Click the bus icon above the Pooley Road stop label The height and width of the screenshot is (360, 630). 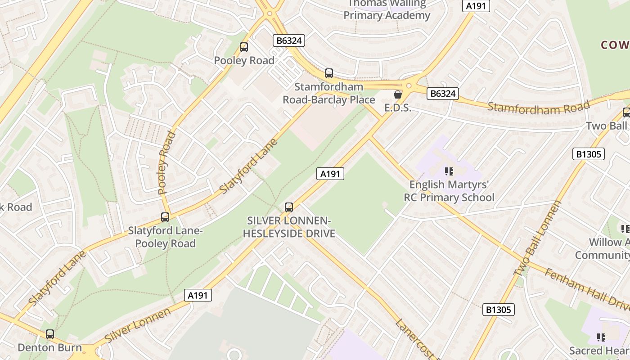click(x=244, y=47)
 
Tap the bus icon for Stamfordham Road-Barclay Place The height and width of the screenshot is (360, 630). click(x=329, y=73)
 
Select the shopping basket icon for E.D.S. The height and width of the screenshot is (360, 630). click(x=398, y=94)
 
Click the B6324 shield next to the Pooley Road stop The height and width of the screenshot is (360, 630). click(x=289, y=40)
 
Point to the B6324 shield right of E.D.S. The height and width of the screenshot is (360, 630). click(x=443, y=94)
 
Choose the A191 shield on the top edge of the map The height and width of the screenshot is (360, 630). click(x=476, y=6)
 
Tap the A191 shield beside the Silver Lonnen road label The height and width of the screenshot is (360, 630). click(x=198, y=295)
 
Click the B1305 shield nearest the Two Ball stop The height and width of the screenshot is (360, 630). click(x=588, y=154)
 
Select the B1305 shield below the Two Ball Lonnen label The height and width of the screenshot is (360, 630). click(x=499, y=310)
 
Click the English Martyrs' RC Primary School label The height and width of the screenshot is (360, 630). click(x=449, y=191)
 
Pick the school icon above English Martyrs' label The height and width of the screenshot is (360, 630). click(x=449, y=171)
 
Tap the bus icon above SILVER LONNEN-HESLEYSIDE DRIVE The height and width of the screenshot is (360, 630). click(x=289, y=207)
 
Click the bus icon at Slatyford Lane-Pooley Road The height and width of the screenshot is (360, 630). click(x=165, y=217)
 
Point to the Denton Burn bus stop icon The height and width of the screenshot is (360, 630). click(x=50, y=334)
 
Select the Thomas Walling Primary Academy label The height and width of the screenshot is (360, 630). click(x=387, y=9)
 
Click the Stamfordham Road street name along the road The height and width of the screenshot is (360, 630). click(x=538, y=108)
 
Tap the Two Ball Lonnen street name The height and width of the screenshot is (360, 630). click(x=538, y=238)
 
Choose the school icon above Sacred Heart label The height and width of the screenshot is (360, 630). click(x=601, y=337)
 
